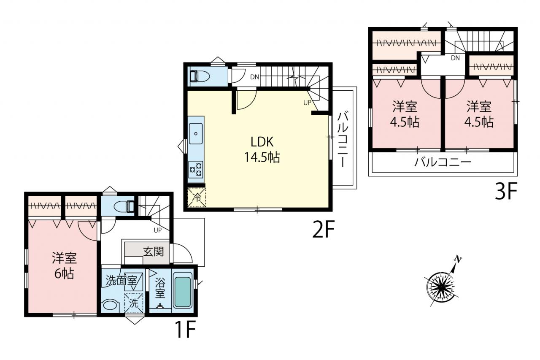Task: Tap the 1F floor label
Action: point(186,329)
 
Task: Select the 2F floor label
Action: point(324,229)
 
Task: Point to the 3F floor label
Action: point(506,191)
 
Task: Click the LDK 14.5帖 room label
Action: point(262,149)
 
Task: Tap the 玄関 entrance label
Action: point(154,252)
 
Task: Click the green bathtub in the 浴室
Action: point(183,292)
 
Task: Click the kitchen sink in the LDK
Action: point(196,134)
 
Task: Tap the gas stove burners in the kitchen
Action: point(196,170)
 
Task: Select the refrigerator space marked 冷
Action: point(197,198)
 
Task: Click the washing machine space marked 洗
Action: point(134,303)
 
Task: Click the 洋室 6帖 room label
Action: point(64,266)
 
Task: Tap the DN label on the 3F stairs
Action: point(455,58)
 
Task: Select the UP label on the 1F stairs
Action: point(158,230)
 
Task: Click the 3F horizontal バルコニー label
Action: point(443,162)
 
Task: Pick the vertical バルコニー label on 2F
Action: point(342,140)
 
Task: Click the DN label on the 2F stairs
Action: point(254,77)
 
